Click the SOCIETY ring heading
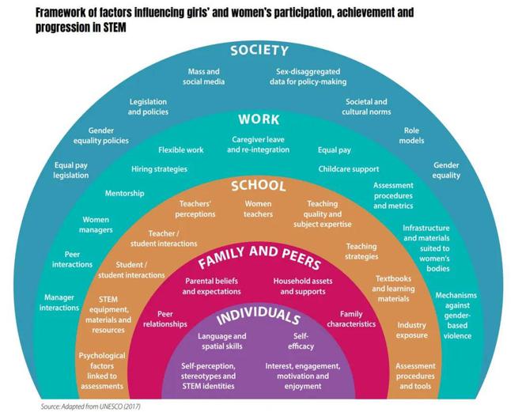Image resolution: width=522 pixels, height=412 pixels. pyautogui.click(x=259, y=51)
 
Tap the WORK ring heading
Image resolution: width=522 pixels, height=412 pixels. pyautogui.click(x=259, y=119)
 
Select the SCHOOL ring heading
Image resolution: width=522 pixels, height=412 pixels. pyautogui.click(x=259, y=186)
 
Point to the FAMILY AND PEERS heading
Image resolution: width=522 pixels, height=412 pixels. pyautogui.click(x=259, y=256)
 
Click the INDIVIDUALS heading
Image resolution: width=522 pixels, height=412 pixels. pyautogui.click(x=259, y=316)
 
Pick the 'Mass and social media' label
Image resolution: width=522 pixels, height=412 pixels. pyautogui.click(x=204, y=77)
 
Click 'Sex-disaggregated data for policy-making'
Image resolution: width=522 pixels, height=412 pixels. pyautogui.click(x=308, y=77)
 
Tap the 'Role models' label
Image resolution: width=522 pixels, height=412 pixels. pyautogui.click(x=411, y=135)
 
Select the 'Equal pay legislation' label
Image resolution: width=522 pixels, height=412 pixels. pyautogui.click(x=71, y=170)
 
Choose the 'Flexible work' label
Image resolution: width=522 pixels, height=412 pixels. pyautogui.click(x=181, y=150)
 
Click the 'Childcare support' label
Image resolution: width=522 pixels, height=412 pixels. pyautogui.click(x=349, y=169)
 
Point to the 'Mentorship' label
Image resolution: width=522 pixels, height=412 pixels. pyautogui.click(x=124, y=194)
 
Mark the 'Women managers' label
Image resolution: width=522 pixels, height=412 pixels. pyautogui.click(x=96, y=225)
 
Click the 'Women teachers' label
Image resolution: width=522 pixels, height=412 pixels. pyautogui.click(x=258, y=209)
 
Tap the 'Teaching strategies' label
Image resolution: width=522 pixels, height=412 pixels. pyautogui.click(x=361, y=251)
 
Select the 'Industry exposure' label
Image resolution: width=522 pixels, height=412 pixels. pyautogui.click(x=412, y=330)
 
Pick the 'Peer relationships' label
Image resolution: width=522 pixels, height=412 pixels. pyautogui.click(x=165, y=319)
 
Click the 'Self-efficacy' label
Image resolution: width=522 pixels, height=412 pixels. pyautogui.click(x=301, y=341)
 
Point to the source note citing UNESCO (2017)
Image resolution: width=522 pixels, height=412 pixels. pyautogui.click(x=90, y=406)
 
